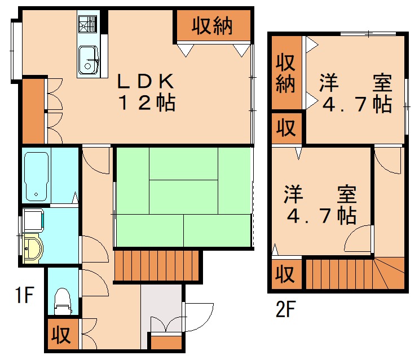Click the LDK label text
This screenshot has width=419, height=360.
pos(145,82)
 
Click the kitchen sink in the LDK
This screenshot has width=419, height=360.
pos(89,60)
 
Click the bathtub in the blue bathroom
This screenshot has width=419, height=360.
pos(37,175)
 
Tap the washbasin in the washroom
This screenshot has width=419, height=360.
pos(33,248)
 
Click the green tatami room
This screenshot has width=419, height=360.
pos(183,197)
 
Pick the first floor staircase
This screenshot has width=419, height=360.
pos(157,265)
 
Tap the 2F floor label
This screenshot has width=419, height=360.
pos(286,309)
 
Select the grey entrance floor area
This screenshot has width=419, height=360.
pos(161,308)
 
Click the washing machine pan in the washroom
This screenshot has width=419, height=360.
pos(32,219)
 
